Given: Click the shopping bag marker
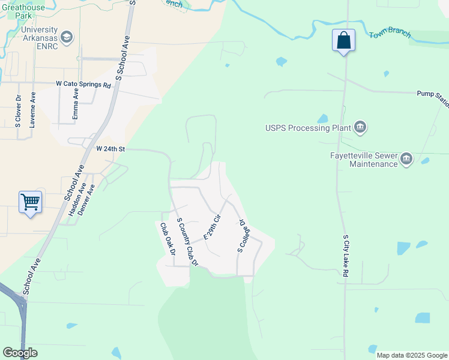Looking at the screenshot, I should pyautogui.click(x=343, y=41).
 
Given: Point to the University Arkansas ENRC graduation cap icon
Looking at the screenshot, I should pyautogui.click(x=67, y=37).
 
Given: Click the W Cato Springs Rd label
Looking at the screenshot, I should pyautogui.click(x=83, y=85).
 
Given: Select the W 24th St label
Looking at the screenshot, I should pyautogui.click(x=110, y=148).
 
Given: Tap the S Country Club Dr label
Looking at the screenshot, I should pyautogui.click(x=187, y=242).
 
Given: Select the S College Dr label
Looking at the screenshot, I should pyautogui.click(x=243, y=236).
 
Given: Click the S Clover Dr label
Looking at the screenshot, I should pyautogui.click(x=19, y=111).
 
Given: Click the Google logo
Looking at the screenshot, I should pyautogui.click(x=20, y=353).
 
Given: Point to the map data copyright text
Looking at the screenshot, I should pyautogui.click(x=411, y=355).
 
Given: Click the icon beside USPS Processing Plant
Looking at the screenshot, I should pyautogui.click(x=360, y=127).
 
